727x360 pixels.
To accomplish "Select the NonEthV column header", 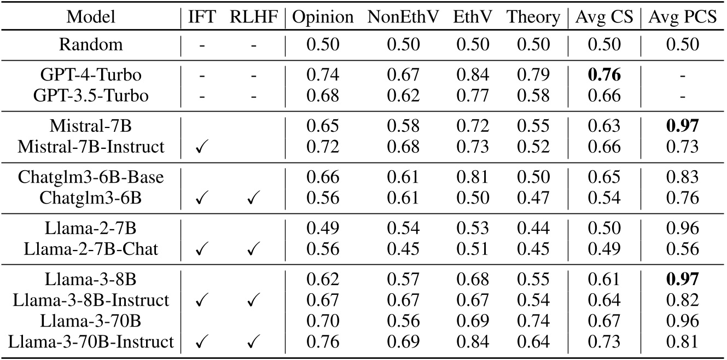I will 404,17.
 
